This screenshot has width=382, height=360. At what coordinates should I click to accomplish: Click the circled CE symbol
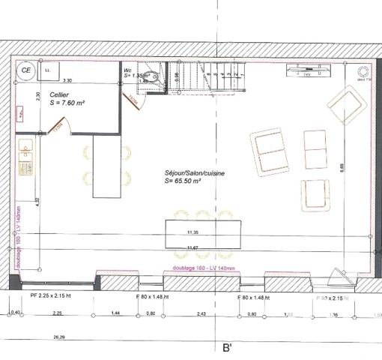[26, 70]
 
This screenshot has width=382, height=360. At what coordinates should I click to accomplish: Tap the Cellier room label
[61, 94]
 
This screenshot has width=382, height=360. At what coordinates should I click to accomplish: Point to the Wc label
[127, 70]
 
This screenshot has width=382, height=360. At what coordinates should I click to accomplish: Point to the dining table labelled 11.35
[203, 232]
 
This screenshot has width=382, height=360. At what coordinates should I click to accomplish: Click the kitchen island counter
[106, 166]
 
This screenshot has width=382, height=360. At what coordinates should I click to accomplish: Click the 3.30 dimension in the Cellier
[67, 80]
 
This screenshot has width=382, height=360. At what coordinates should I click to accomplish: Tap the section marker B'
[225, 348]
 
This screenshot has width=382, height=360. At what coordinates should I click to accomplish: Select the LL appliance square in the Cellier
[49, 70]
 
